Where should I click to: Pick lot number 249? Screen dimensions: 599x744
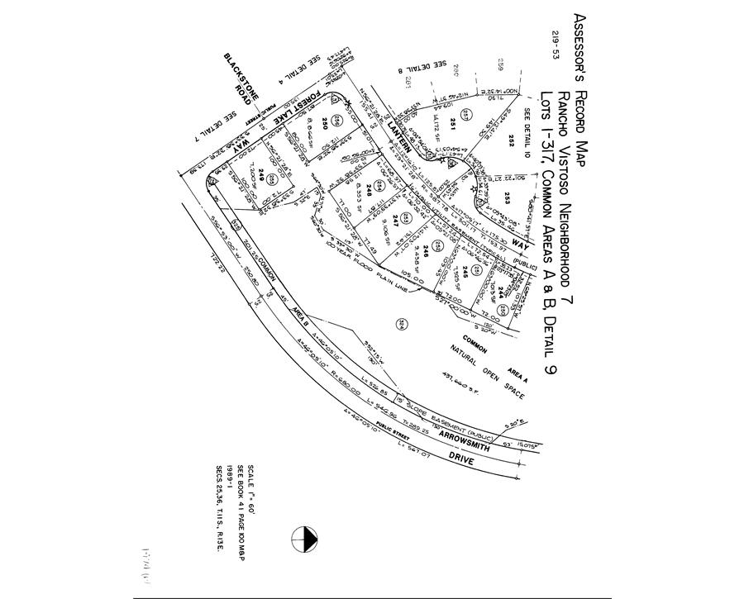coord(260,174)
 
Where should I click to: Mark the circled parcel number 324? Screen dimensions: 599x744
coord(402,324)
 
